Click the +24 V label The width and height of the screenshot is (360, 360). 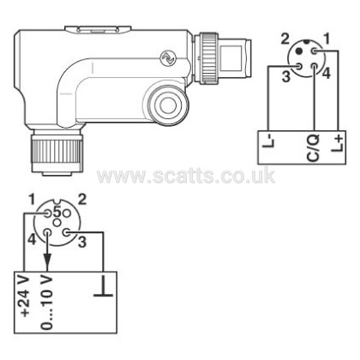coord(25,297)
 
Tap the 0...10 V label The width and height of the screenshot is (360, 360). coord(46,303)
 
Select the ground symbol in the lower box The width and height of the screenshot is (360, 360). coord(103,285)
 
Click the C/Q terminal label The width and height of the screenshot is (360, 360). coord(313,148)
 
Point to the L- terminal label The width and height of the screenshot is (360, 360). coord(269,142)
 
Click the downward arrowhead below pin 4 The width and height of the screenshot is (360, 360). coord(47,261)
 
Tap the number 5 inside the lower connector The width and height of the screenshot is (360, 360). coord(57,212)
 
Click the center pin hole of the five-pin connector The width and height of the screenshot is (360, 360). coord(57,222)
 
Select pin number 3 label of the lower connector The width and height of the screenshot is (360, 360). coord(82,243)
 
